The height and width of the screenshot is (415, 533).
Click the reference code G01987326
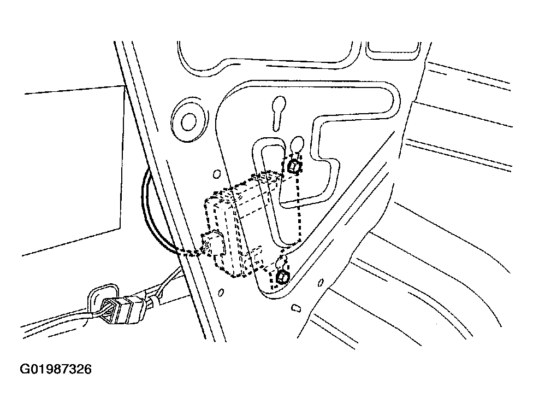tap(56, 370)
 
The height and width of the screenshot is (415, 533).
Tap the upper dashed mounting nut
tap(294, 166)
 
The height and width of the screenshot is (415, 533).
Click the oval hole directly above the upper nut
tap(296, 145)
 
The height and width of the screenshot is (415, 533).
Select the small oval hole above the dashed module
tap(216, 175)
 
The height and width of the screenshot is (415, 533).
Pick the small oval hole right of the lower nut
tap(321, 282)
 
